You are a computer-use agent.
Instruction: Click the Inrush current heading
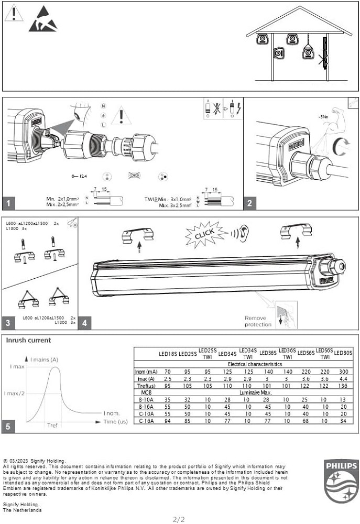[x=28, y=340]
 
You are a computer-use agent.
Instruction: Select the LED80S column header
[x=343, y=354]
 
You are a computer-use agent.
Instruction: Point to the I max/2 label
[x=14, y=393]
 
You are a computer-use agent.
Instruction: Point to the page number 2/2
[x=179, y=519]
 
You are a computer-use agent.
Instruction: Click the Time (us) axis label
[x=115, y=421]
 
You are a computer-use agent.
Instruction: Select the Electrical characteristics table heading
[x=255, y=364]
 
